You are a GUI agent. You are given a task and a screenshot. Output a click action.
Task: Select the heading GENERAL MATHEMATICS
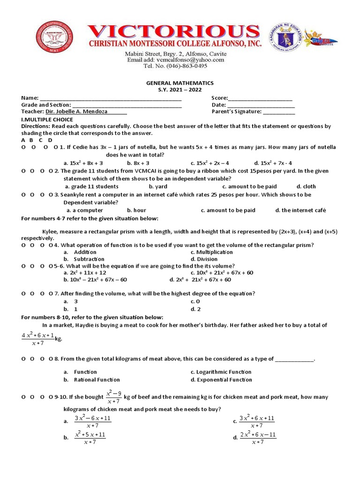(180, 82)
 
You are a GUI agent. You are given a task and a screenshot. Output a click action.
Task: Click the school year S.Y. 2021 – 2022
(180, 90)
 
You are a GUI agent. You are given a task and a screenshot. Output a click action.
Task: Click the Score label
(219, 98)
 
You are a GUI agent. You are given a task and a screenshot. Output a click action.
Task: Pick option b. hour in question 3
(136, 210)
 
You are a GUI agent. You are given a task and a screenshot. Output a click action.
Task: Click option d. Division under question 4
(204, 259)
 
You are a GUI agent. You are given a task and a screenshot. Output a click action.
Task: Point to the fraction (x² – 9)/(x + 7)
(114, 397)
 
